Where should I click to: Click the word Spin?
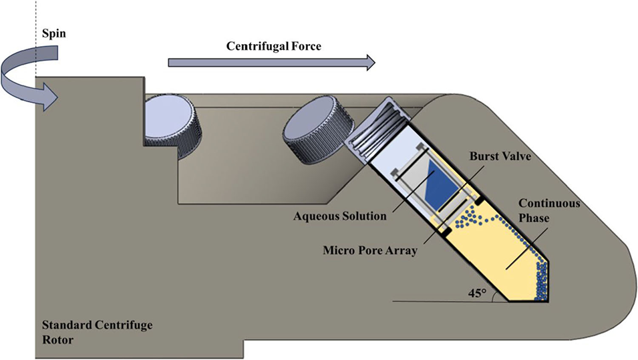[x=54, y=33]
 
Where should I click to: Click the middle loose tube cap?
[x=314, y=134]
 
